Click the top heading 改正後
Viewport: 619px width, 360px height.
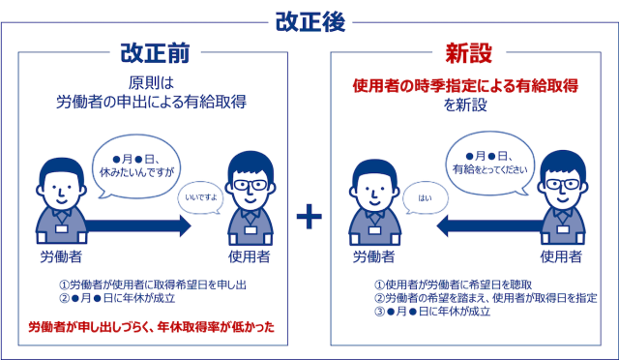coord(309,18)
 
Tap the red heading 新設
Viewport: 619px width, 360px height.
coord(463,51)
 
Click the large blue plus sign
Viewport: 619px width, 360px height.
coord(309,217)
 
